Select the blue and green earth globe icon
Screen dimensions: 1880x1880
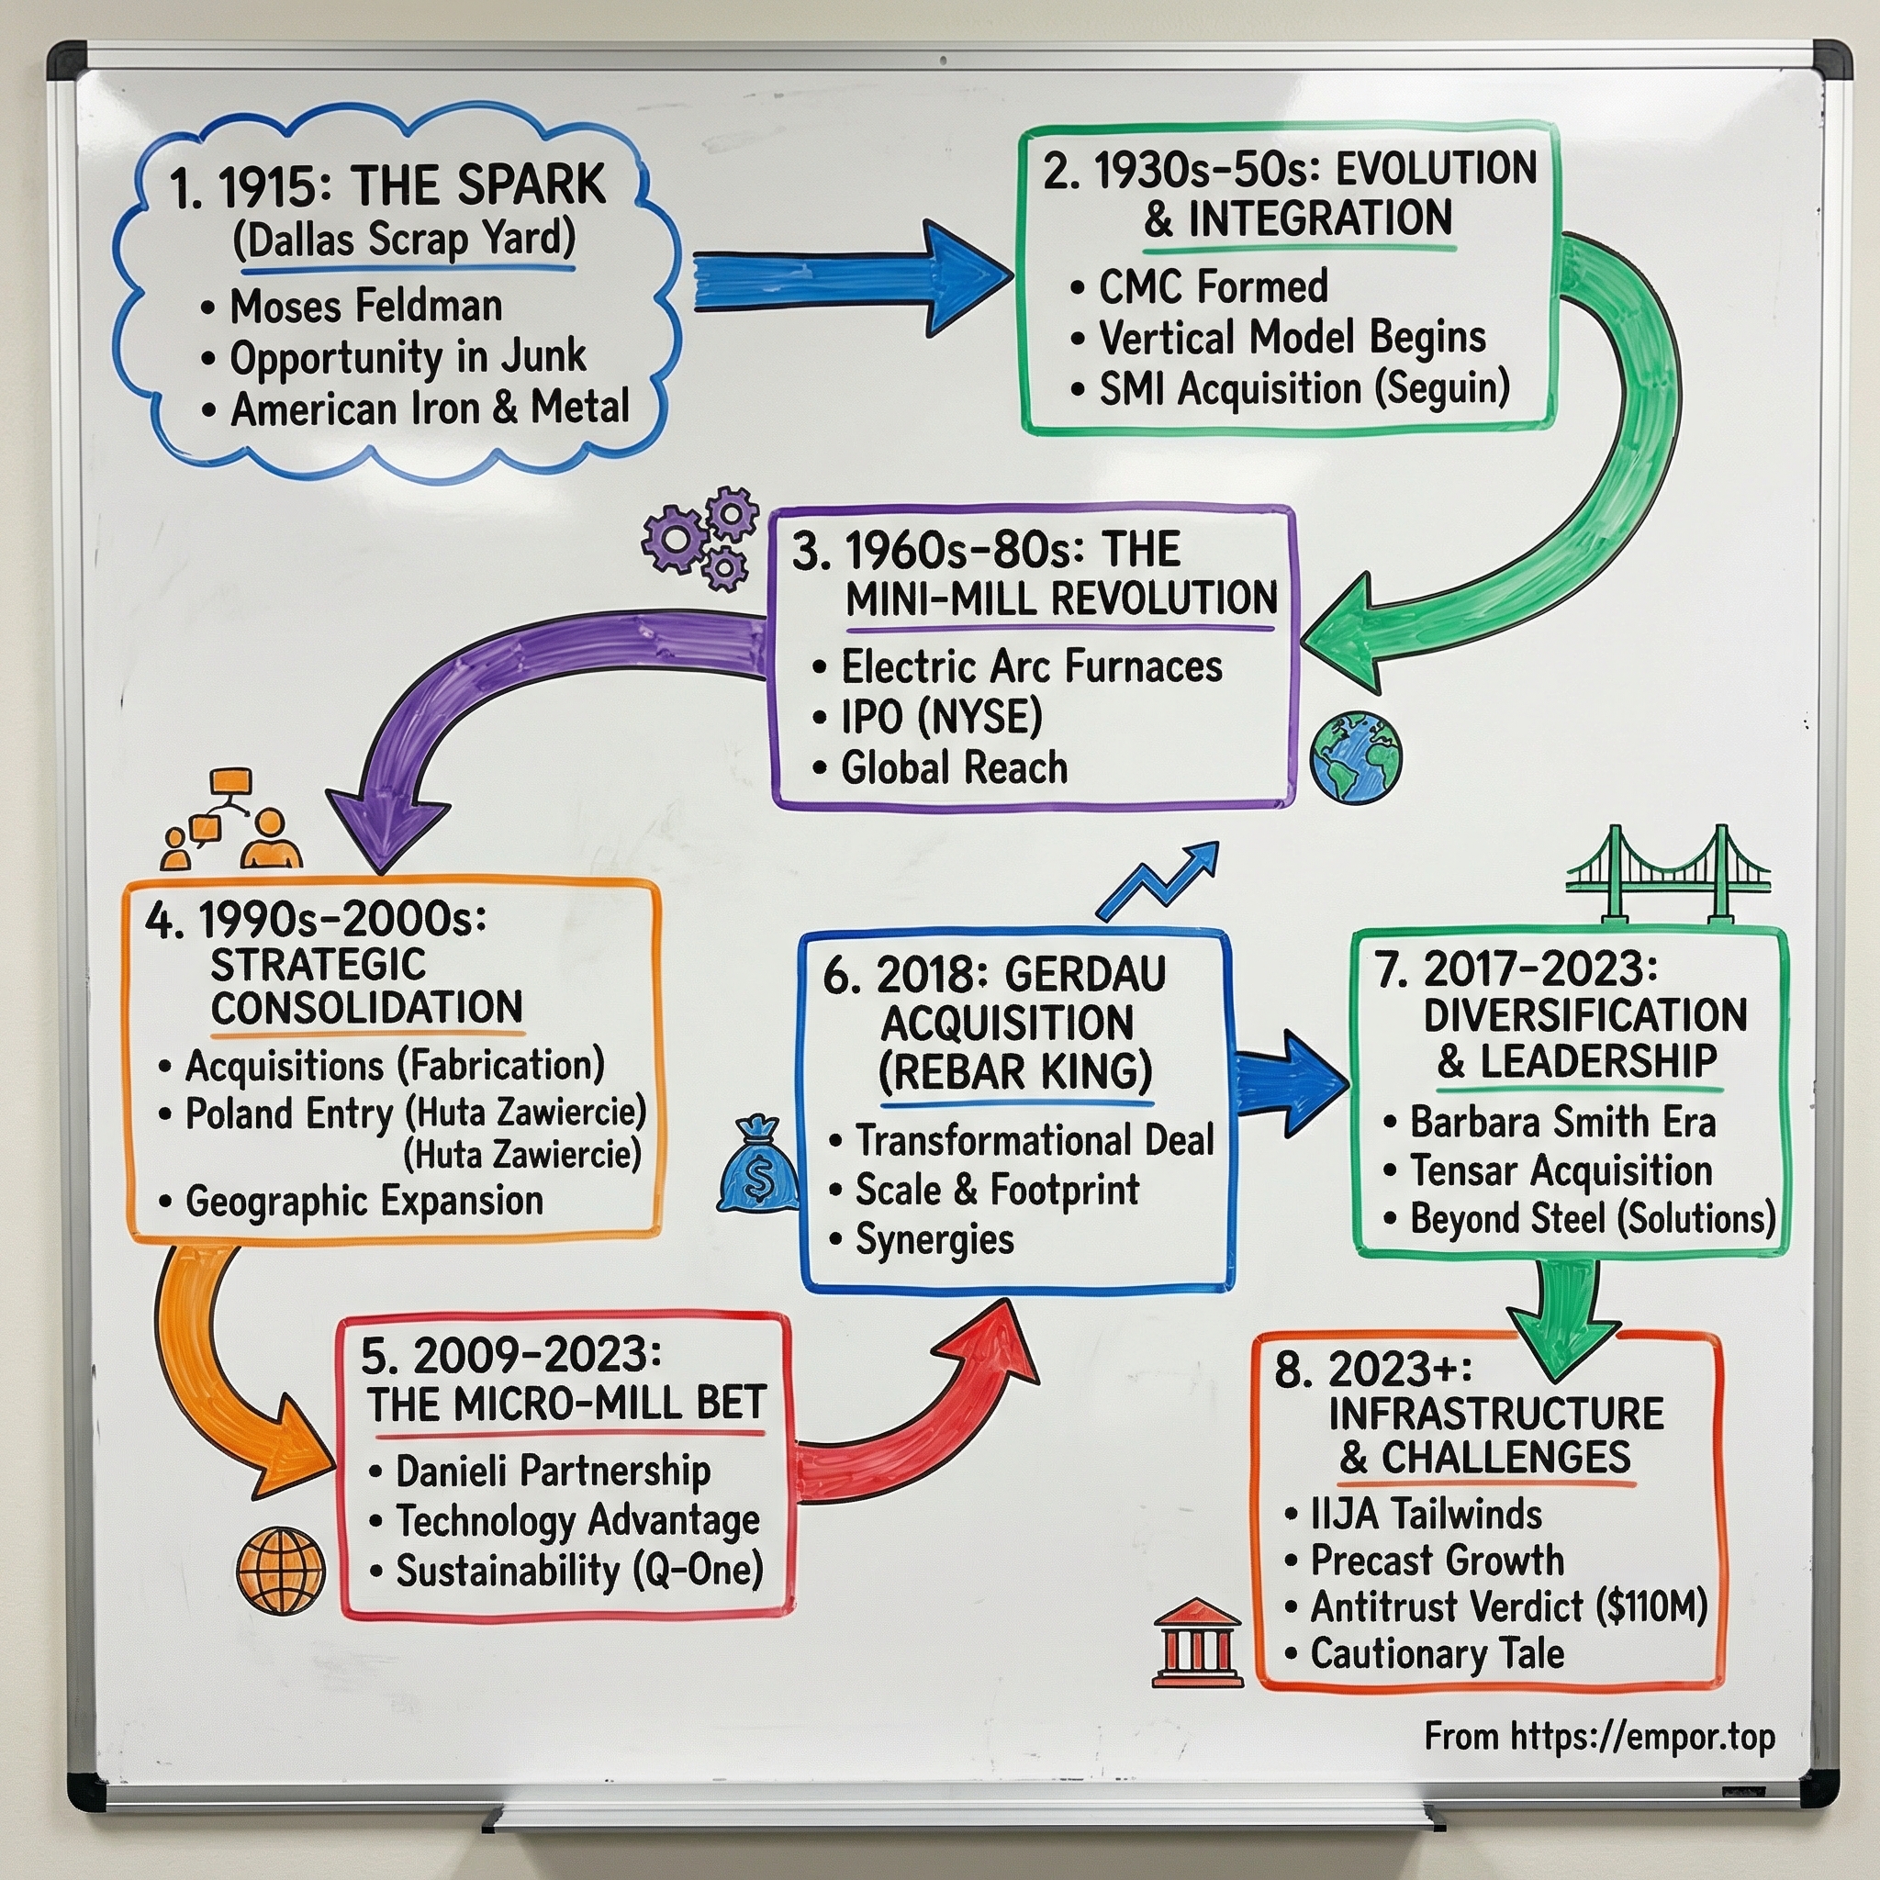[x=1356, y=757]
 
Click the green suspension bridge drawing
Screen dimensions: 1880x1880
[x=1667, y=874]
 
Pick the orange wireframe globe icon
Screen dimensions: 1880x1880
[x=281, y=1570]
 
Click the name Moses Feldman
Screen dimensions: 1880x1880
[x=366, y=306]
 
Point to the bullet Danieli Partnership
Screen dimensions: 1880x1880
[x=552, y=1471]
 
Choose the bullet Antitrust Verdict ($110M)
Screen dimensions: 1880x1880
[x=1508, y=1606]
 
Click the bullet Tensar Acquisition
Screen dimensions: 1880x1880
[x=1560, y=1170]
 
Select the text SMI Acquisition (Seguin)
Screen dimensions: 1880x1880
[x=1304, y=389]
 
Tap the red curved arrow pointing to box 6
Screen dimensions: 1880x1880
[x=924, y=1411]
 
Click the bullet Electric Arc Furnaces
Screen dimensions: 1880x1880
[x=1032, y=666]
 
